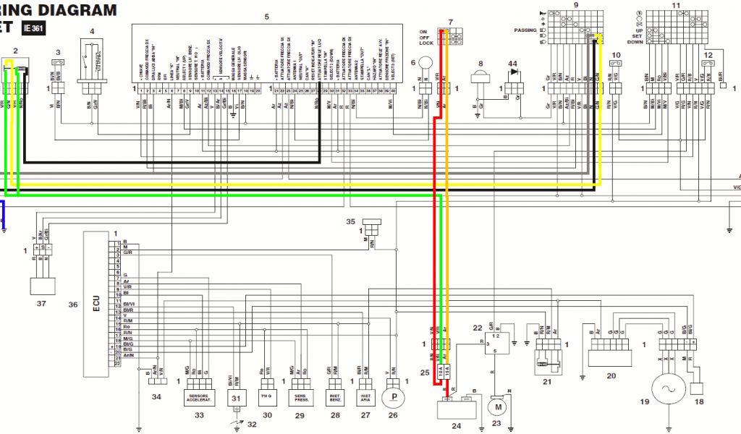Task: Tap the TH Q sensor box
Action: pyautogui.click(x=266, y=397)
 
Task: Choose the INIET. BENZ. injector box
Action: pyautogui.click(x=334, y=397)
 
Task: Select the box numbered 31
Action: pyautogui.click(x=236, y=399)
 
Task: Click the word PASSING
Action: pyautogui.click(x=525, y=30)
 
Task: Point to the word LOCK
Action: pyautogui.click(x=426, y=43)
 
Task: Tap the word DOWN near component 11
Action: pyautogui.click(x=635, y=42)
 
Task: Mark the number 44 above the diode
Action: pyautogui.click(x=513, y=64)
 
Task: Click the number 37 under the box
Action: pyautogui.click(x=41, y=304)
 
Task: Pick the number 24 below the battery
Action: pyautogui.click(x=456, y=426)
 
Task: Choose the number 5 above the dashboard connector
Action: pyautogui.click(x=266, y=16)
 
